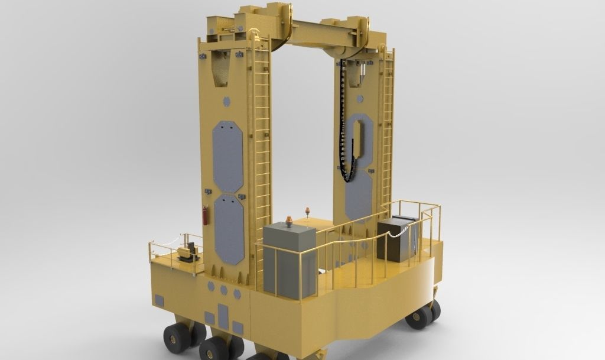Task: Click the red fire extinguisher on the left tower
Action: click(x=205, y=216)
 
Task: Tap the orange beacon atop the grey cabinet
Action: click(x=288, y=222)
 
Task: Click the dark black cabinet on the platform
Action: click(x=395, y=239)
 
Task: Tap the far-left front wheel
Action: click(x=177, y=339)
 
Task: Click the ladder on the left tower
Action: click(x=261, y=148)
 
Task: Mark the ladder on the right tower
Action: click(x=388, y=130)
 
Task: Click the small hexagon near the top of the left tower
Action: click(x=227, y=102)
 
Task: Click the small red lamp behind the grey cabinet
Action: click(x=307, y=212)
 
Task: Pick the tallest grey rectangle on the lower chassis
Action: click(x=223, y=316)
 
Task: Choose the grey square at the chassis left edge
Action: click(x=159, y=300)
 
